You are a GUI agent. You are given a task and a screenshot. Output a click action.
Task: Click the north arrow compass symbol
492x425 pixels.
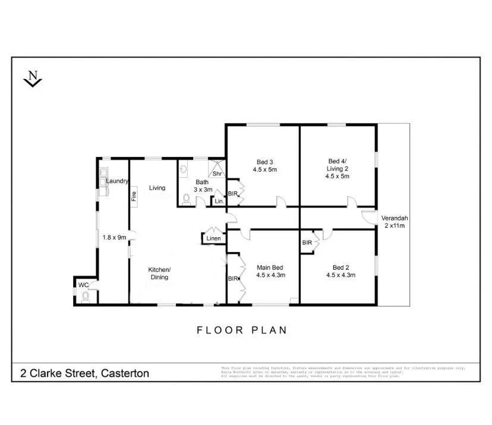33,78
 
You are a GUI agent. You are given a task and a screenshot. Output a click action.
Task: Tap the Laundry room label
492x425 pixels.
117,181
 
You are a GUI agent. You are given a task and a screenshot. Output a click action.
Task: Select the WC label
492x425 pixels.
83,285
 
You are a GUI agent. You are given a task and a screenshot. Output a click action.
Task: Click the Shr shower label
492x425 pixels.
217,174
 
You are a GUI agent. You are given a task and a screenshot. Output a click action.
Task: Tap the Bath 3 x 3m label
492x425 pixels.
203,185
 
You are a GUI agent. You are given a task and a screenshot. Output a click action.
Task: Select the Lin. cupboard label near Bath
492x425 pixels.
219,202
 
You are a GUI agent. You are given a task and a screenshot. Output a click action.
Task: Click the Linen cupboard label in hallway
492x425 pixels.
213,239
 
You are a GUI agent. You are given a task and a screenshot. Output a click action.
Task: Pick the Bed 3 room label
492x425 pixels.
264,165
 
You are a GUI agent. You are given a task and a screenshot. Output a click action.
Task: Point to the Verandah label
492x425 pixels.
395,221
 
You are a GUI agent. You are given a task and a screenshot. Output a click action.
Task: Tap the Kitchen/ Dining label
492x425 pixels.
159,273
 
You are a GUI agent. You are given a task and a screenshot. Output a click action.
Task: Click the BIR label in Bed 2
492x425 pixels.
307,243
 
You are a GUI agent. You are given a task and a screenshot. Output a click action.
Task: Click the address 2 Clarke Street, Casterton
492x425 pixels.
85,374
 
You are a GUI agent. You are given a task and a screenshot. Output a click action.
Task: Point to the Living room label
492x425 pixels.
157,188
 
